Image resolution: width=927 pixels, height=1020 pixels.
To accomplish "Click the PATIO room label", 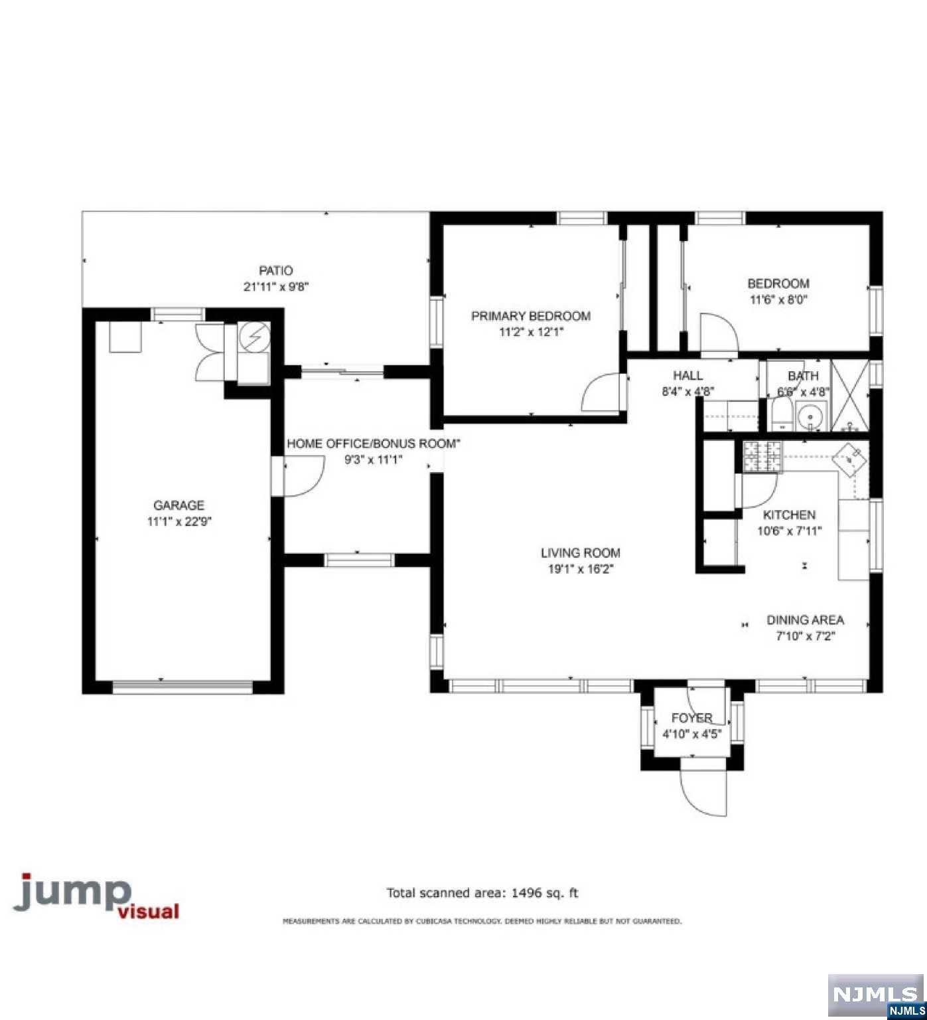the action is [276, 271].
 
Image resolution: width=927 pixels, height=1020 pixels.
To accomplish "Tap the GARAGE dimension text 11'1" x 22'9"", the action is [179, 522].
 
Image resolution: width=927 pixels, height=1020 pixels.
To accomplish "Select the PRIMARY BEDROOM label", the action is [531, 316].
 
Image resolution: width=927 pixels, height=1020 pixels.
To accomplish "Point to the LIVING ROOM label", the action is [581, 552].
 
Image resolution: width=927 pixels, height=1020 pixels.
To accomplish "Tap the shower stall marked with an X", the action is [850, 396].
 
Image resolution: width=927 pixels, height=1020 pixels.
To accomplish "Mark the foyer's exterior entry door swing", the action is [703, 790].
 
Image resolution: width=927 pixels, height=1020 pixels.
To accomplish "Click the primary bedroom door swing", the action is [601, 393].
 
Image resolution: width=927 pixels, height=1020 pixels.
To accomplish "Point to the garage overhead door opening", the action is [182, 687].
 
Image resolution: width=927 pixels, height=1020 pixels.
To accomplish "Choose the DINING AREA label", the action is [806, 620].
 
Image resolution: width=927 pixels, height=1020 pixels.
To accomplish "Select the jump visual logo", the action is [97, 896].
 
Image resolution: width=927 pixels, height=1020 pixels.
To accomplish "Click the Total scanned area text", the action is [482, 893].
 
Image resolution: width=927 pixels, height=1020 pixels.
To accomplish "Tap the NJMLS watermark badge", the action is [876, 996].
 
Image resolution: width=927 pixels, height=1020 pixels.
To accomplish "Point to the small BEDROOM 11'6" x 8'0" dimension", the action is [779, 299].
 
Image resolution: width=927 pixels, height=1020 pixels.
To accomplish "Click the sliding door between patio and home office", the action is [342, 371].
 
